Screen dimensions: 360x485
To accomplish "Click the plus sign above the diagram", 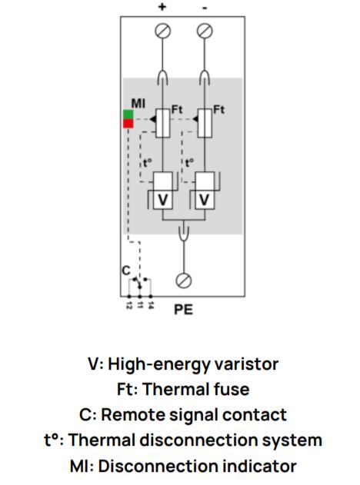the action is (x=162, y=7).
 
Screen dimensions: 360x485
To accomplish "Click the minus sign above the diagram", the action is (x=205, y=8).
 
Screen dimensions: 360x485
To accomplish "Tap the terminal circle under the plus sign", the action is (x=162, y=32).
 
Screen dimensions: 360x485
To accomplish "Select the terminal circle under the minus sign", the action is (x=205, y=32).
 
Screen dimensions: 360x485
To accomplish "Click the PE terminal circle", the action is (x=184, y=281).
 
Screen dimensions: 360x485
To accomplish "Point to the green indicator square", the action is (x=128, y=114).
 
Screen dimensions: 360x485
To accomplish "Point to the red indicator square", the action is (x=128, y=124).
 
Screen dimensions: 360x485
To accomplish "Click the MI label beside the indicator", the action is (x=138, y=103).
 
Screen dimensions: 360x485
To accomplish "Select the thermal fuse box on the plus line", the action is (x=162, y=123).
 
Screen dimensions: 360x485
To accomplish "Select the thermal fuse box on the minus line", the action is (x=205, y=123).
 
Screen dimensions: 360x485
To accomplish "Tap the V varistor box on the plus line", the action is (x=162, y=200).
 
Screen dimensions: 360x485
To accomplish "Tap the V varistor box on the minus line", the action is (x=205, y=200).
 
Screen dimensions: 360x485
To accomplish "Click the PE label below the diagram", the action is (x=184, y=310).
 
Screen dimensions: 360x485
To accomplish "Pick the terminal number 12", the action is (x=129, y=306).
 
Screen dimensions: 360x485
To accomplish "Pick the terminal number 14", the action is (x=151, y=306).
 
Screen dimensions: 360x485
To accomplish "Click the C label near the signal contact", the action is (x=126, y=271).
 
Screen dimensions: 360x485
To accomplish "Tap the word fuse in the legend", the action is (x=229, y=389).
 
